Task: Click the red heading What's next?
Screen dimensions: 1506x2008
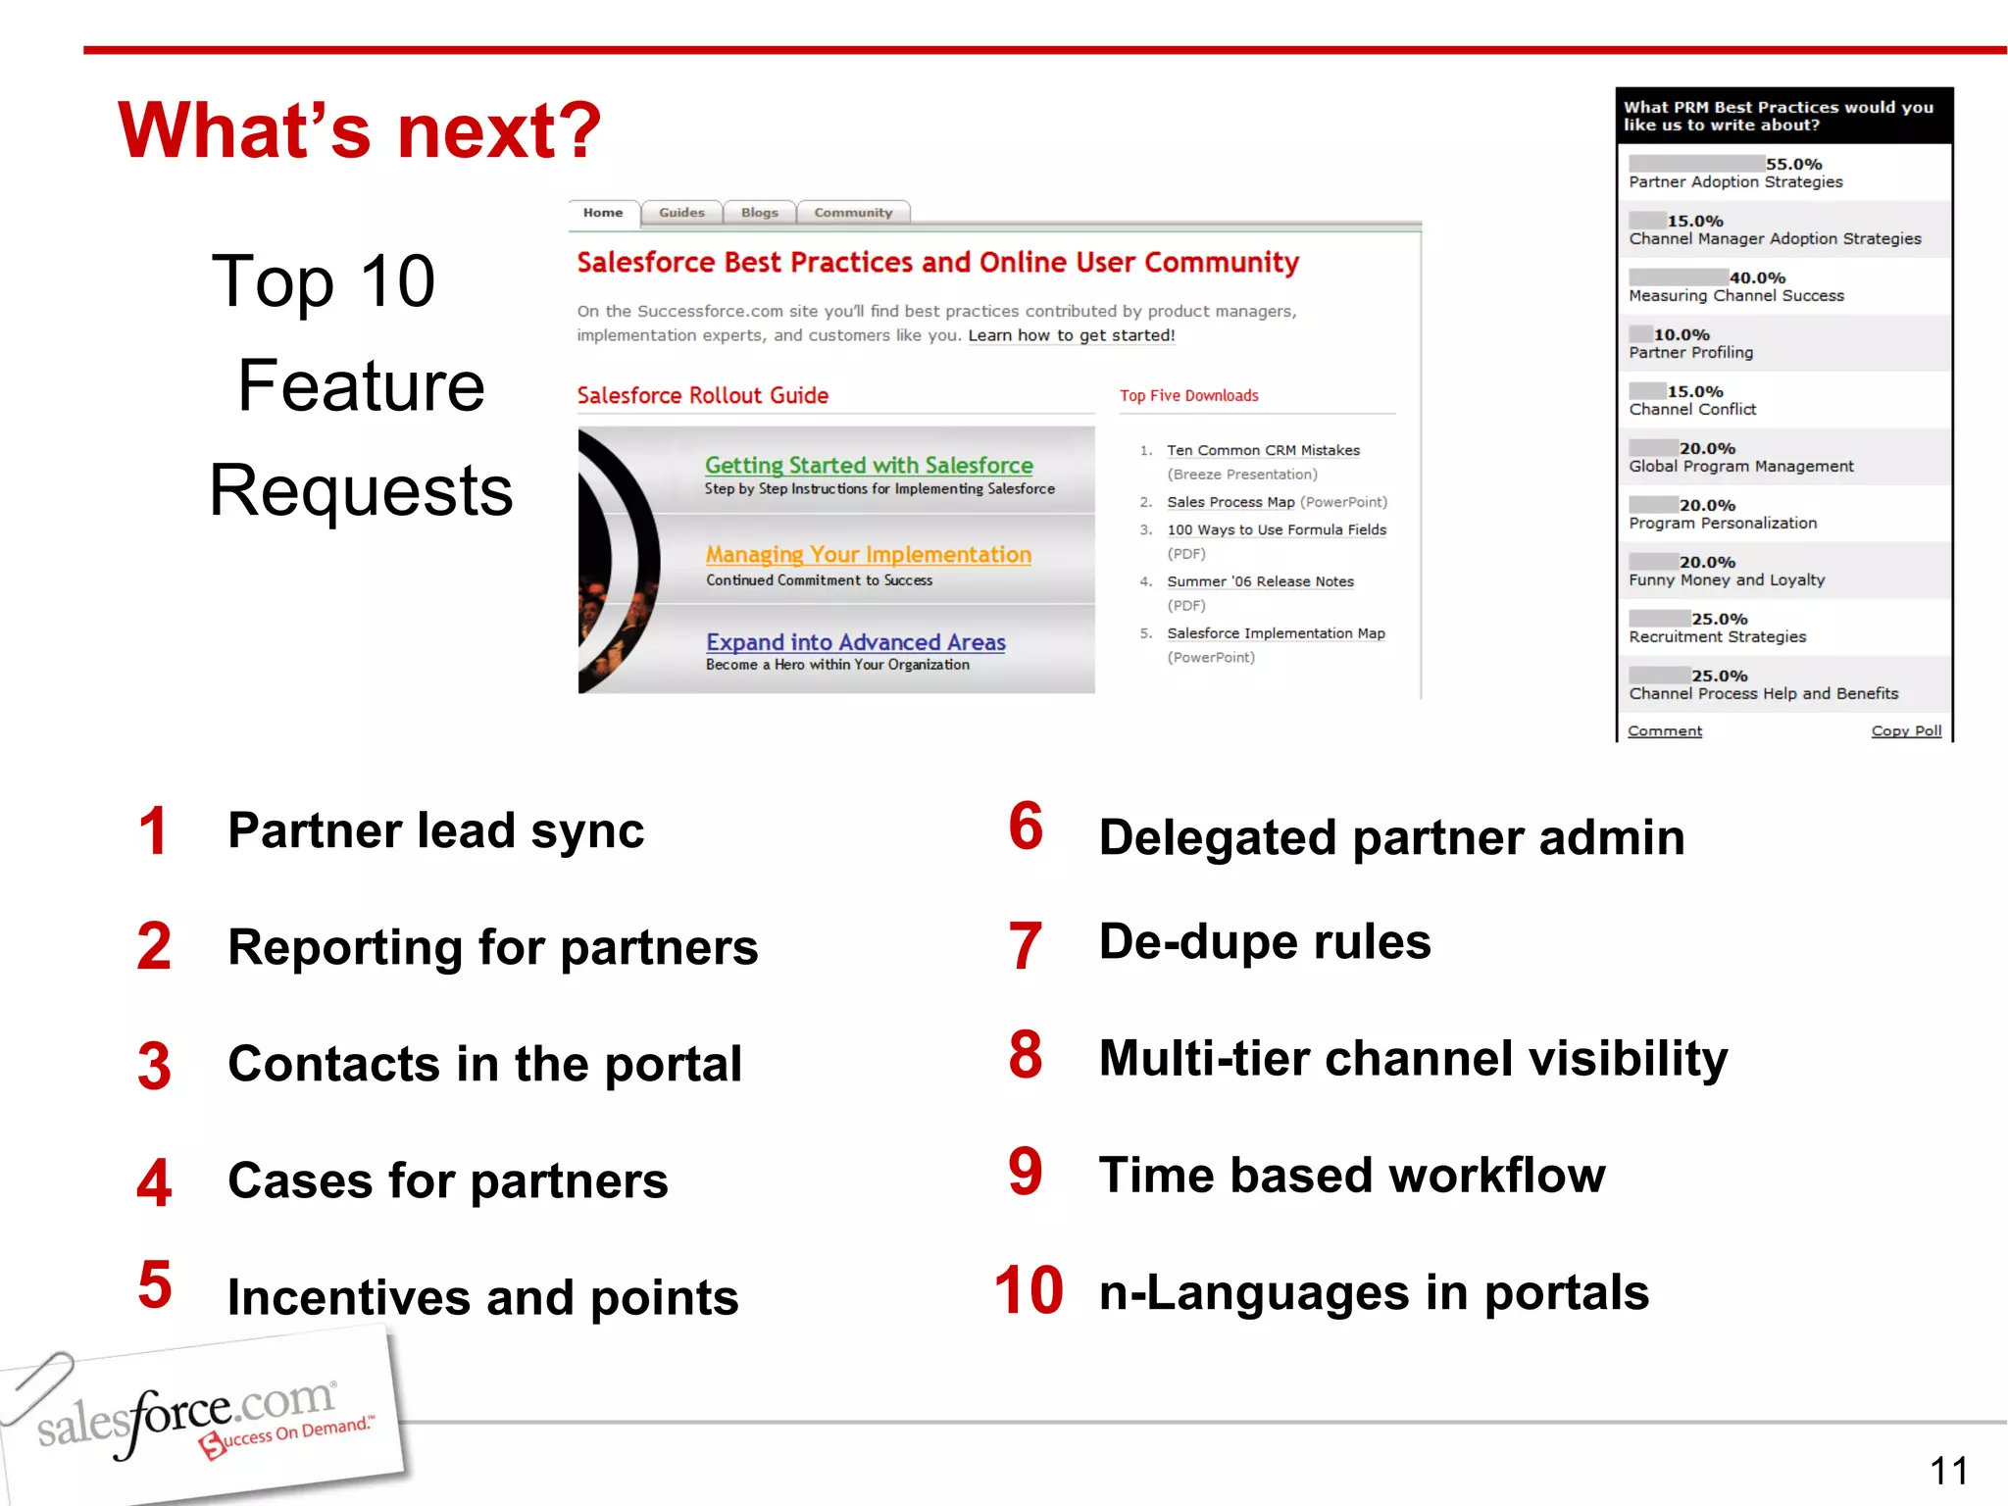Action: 359,130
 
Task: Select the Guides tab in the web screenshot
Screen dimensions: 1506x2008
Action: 681,213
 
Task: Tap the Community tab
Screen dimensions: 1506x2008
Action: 853,213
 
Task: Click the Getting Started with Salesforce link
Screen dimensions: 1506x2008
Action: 869,465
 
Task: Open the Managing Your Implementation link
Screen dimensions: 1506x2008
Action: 868,554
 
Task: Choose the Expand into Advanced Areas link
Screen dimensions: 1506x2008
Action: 856,642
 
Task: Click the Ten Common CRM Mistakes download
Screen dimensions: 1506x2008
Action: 1263,450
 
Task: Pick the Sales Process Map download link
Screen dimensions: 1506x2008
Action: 1230,502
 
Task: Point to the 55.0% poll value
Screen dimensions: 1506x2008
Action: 1793,164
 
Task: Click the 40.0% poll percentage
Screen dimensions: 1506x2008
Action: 1757,277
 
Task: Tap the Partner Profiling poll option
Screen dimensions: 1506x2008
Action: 1691,353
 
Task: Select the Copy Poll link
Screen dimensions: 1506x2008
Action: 1906,730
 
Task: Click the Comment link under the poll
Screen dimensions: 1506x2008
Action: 1665,730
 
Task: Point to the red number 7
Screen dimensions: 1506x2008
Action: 1026,945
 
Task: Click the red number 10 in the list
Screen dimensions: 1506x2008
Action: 1029,1290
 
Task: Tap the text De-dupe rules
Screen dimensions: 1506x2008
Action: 1265,941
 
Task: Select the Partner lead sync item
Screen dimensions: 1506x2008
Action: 435,830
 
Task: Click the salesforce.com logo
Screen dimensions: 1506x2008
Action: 196,1417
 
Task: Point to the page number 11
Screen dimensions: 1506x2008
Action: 1948,1471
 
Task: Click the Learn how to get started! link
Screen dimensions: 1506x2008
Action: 1071,335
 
